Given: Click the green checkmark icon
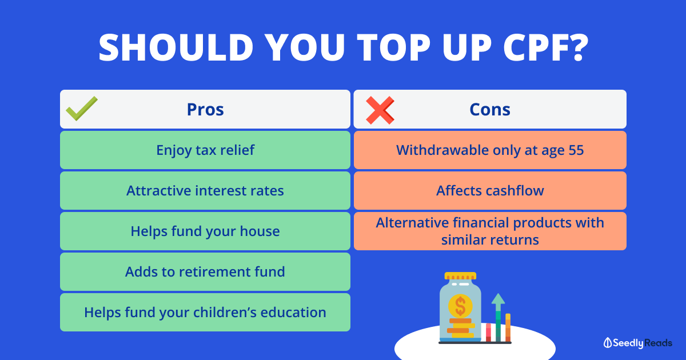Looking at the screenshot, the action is [x=82, y=109].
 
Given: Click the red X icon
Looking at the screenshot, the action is [x=380, y=110].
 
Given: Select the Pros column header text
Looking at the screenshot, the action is [x=205, y=109].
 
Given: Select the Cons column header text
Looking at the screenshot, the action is [x=490, y=109].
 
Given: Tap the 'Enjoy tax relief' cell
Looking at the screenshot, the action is [x=205, y=150].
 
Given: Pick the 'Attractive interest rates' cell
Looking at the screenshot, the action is [x=205, y=190].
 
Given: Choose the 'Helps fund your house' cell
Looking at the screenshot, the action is [x=205, y=231].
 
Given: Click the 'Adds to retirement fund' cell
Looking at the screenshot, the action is [x=205, y=271].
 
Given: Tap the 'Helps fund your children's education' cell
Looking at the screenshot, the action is [x=205, y=312].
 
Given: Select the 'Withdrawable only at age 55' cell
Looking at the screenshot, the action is [x=490, y=150].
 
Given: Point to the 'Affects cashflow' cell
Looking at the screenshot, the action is [x=490, y=190].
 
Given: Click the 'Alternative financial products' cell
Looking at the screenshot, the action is [x=490, y=231].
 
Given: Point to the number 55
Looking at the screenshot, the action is [x=576, y=150].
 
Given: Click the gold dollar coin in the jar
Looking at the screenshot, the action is [x=460, y=306].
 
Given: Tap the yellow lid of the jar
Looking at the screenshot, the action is [x=460, y=276].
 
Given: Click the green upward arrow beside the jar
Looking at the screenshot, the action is [x=498, y=317].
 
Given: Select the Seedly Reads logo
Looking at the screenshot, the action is [x=638, y=343].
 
